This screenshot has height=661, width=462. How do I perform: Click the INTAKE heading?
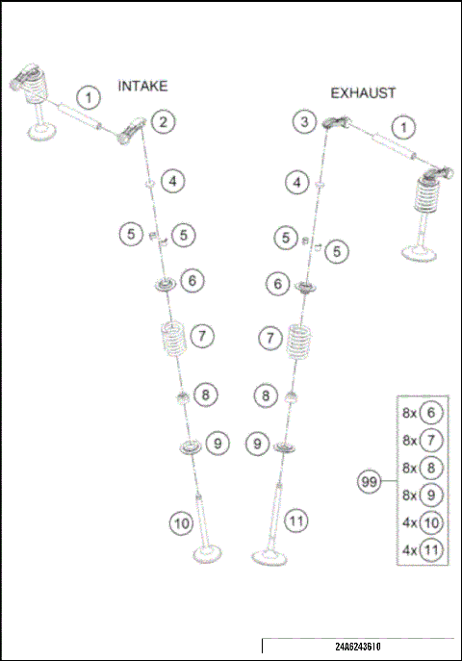[142, 86]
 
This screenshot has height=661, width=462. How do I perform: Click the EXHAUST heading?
[363, 93]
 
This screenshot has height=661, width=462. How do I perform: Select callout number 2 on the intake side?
[164, 121]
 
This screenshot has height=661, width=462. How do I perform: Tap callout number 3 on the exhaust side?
[304, 121]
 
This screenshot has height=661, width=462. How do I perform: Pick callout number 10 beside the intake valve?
[181, 523]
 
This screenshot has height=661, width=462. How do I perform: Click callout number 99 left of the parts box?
[368, 484]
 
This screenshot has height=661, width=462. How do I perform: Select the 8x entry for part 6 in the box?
[423, 413]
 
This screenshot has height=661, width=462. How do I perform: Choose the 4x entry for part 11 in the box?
[423, 552]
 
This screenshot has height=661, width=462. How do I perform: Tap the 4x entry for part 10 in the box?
[423, 524]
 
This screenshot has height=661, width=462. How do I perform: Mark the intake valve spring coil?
[174, 340]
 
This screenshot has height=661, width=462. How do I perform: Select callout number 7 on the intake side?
[201, 336]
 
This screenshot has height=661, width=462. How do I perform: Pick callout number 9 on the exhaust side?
[257, 444]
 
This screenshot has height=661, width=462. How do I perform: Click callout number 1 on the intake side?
[89, 96]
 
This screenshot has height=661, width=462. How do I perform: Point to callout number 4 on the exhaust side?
[298, 181]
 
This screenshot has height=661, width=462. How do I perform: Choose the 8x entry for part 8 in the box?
[423, 469]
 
